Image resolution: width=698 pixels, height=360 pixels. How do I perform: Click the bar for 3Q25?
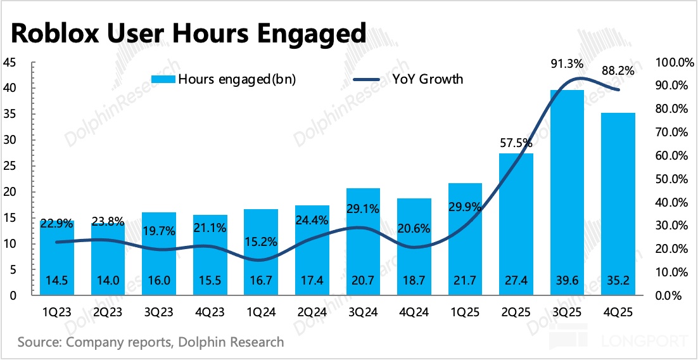(568, 190)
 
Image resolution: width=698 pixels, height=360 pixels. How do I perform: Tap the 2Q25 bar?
(516, 222)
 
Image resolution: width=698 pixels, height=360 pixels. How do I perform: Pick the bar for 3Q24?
(363, 241)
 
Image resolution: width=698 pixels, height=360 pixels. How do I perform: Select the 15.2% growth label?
(260, 241)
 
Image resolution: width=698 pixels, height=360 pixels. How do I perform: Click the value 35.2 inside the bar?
(618, 280)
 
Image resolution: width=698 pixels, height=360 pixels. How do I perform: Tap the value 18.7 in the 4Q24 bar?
(414, 280)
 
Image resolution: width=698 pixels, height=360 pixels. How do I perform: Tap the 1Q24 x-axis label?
(261, 312)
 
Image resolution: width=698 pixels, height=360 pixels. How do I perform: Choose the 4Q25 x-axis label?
(618, 312)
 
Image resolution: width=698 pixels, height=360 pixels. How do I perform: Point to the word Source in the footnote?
(39, 343)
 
